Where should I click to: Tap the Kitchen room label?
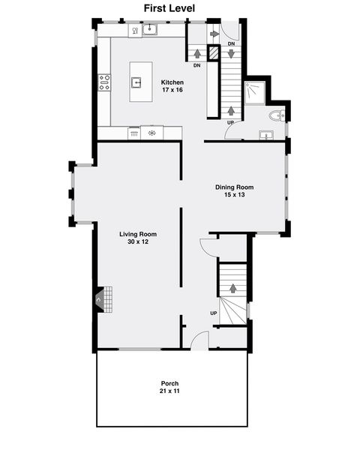pos(172,82)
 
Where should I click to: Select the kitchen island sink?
pos(139,82)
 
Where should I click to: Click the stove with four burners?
pos(104,82)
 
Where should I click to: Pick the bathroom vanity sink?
pos(266,135)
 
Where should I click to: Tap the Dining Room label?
pos(235,187)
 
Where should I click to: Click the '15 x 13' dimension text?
pos(235,195)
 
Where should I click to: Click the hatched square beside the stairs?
pos(213,53)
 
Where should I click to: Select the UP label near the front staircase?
pos(214,313)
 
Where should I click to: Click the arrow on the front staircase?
pos(232,289)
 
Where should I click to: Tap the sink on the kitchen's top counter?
pos(150,29)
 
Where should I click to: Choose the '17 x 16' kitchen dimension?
pos(172,90)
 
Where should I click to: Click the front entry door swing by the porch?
pos(199,340)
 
